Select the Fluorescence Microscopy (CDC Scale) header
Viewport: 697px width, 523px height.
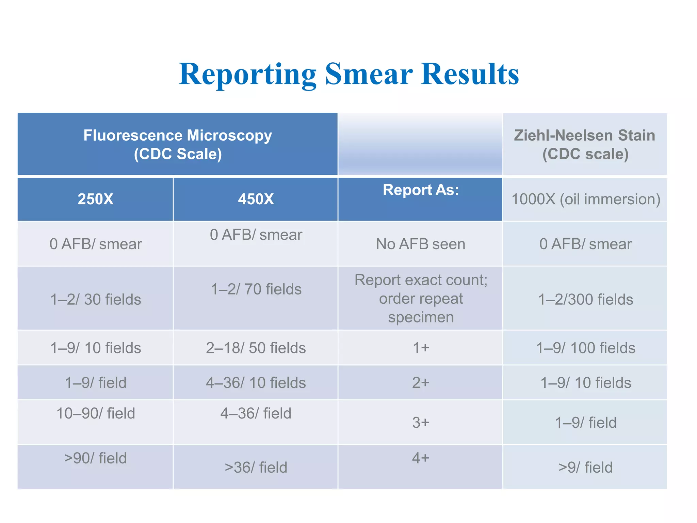coord(178,144)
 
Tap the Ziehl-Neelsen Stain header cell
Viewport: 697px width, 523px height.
coord(585,144)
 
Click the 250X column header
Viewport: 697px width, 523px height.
coord(95,199)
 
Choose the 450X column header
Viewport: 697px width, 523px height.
coord(256,199)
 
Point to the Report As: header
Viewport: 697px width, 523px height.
coord(421,190)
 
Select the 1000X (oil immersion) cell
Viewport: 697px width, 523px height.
coord(585,199)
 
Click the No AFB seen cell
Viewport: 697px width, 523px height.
coord(420,244)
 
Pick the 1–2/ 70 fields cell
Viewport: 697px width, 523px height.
coord(256,289)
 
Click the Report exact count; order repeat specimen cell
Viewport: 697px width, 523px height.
coord(421,299)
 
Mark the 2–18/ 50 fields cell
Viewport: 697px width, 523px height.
coord(256,348)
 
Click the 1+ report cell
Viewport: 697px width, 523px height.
coord(421,348)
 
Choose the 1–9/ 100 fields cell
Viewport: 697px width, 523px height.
coord(585,348)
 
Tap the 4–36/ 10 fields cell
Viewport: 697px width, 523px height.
coord(256,383)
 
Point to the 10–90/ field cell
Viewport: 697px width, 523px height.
coord(96,413)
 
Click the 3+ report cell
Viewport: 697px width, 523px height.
coord(421,423)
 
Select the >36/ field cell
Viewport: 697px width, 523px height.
coord(256,467)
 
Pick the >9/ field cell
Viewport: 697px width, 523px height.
coord(585,467)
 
